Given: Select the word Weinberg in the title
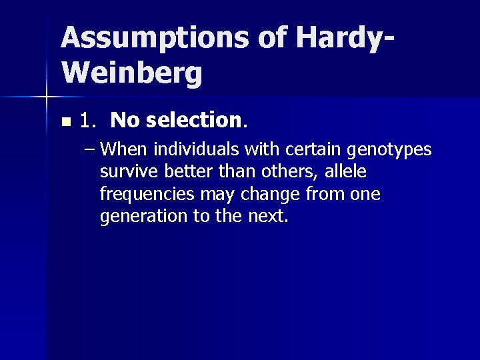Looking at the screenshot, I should (131, 73).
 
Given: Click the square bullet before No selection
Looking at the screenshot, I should (65, 122).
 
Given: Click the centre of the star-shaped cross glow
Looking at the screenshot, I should (46, 98).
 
